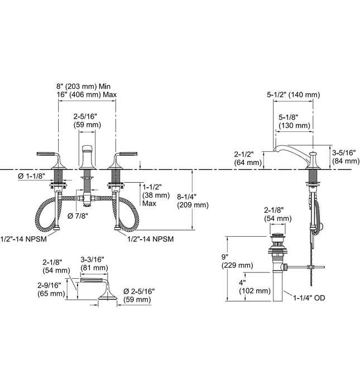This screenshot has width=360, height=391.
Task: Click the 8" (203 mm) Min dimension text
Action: [x=87, y=86]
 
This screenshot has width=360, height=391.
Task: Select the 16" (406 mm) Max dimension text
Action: [x=87, y=95]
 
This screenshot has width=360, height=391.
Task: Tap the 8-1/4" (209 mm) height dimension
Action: [x=193, y=201]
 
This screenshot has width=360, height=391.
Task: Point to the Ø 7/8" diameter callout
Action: [x=79, y=216]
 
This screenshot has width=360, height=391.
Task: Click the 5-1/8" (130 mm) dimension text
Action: [x=294, y=122]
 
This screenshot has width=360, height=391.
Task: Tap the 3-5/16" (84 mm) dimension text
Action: [x=344, y=157]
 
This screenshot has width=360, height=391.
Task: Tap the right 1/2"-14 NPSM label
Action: [x=151, y=238]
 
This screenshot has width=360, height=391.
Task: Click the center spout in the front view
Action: [x=87, y=158]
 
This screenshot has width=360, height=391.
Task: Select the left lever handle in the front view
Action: [x=50, y=157]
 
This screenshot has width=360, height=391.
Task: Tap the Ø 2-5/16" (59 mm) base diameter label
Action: [x=137, y=295]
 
